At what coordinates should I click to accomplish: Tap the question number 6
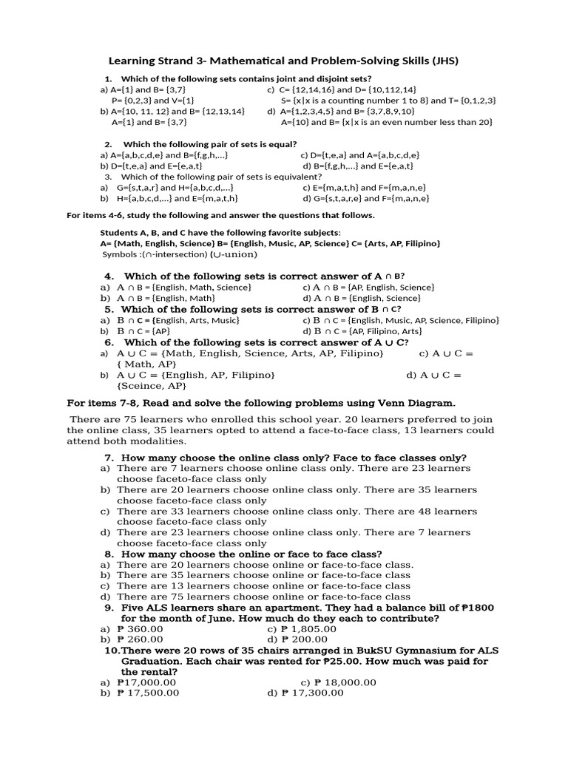click(109, 342)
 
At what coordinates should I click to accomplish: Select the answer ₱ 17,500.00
click(147, 693)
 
